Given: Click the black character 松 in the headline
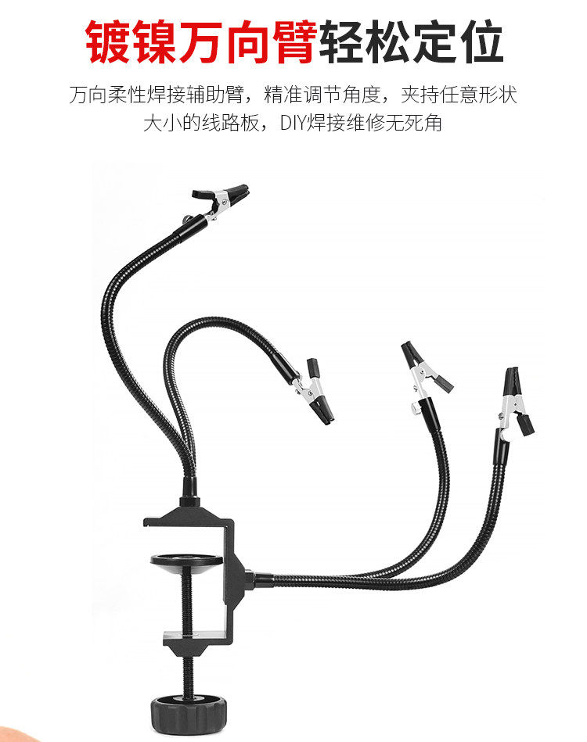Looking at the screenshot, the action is [x=387, y=41].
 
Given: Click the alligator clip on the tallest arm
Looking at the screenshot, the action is [x=220, y=201].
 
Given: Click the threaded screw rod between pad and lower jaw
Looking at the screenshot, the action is [x=186, y=604].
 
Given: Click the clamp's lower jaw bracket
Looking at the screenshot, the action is [x=196, y=642].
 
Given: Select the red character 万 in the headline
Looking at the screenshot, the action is [x=202, y=41].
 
